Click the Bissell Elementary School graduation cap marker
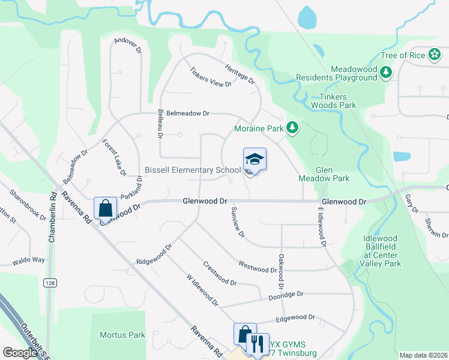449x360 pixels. pyautogui.click(x=255, y=160)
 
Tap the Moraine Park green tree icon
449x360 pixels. pyautogui.click(x=292, y=127)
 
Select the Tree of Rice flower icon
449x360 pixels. pyautogui.click(x=435, y=55)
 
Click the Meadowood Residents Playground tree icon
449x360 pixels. pyautogui.click(x=387, y=73)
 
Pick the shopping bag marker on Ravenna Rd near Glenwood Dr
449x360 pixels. pyautogui.click(x=106, y=208)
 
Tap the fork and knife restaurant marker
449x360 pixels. pyautogui.click(x=258, y=344)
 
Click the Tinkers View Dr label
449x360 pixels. pyautogui.click(x=210, y=77)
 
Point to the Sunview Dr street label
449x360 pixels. pyautogui.click(x=238, y=222)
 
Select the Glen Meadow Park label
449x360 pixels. pyautogui.click(x=324, y=173)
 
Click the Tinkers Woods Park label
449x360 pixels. pyautogui.click(x=333, y=101)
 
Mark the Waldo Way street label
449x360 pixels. pyautogui.click(x=29, y=260)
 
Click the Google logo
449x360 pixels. pyautogui.click(x=20, y=353)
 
